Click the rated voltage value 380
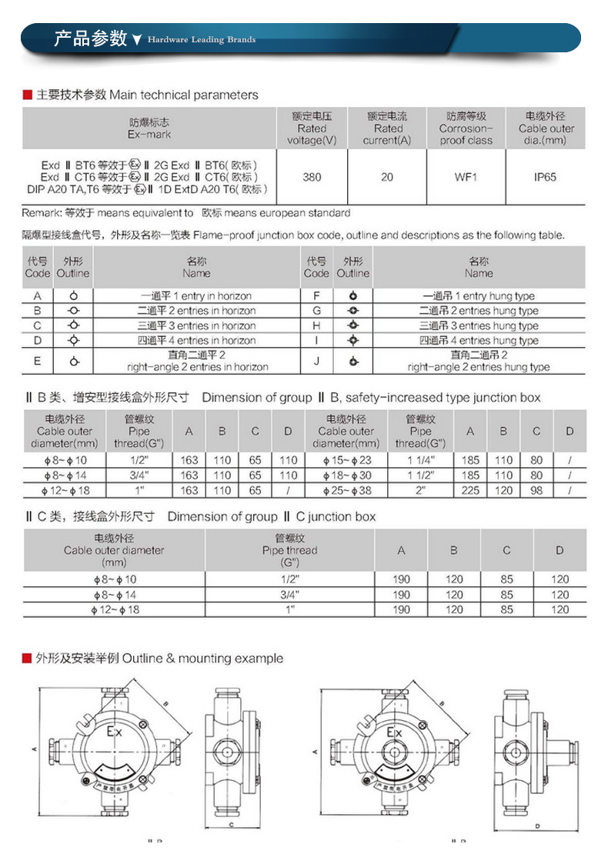coord(312,177)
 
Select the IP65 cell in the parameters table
coord(545,177)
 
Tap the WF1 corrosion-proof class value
coord(466,177)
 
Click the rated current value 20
coord(386,177)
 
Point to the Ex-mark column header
coord(149,128)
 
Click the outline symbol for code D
coord(73,340)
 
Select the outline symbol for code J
coord(352,361)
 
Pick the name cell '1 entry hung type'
coord(479,296)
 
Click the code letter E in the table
coord(38,361)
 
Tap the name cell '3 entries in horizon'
coord(196,325)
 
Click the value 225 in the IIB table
coord(470,490)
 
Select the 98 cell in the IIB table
coord(536,490)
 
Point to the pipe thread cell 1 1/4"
coord(420,460)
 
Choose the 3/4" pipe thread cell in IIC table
coord(289,595)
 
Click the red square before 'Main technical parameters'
coord(27,95)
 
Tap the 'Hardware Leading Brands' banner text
coord(202,39)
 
